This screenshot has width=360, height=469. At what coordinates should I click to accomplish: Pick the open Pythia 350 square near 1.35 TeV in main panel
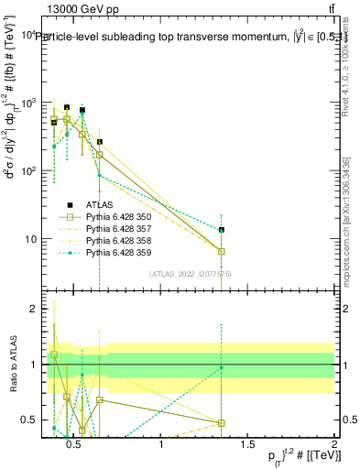[222, 251]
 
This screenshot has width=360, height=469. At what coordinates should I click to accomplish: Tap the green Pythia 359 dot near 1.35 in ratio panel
[222, 367]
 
